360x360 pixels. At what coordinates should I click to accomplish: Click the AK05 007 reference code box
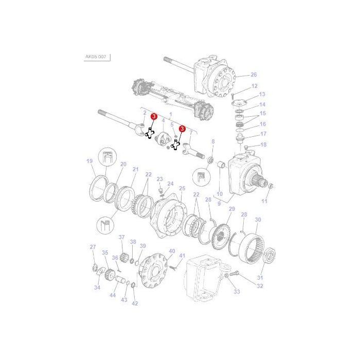[96, 57]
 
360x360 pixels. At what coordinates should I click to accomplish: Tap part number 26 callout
[253, 74]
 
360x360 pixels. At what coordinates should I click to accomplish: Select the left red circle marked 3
[153, 118]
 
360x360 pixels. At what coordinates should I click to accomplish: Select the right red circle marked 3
[182, 129]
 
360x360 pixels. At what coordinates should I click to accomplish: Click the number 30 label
[258, 220]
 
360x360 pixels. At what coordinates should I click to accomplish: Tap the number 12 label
[254, 86]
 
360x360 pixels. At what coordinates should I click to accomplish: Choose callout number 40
[172, 250]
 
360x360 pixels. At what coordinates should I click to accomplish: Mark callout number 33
[237, 292]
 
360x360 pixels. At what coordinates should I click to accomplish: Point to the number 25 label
[182, 189]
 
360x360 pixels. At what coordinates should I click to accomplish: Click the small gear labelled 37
[122, 249]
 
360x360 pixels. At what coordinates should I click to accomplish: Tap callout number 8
[213, 141]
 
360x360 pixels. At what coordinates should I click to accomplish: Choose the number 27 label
[93, 247]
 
